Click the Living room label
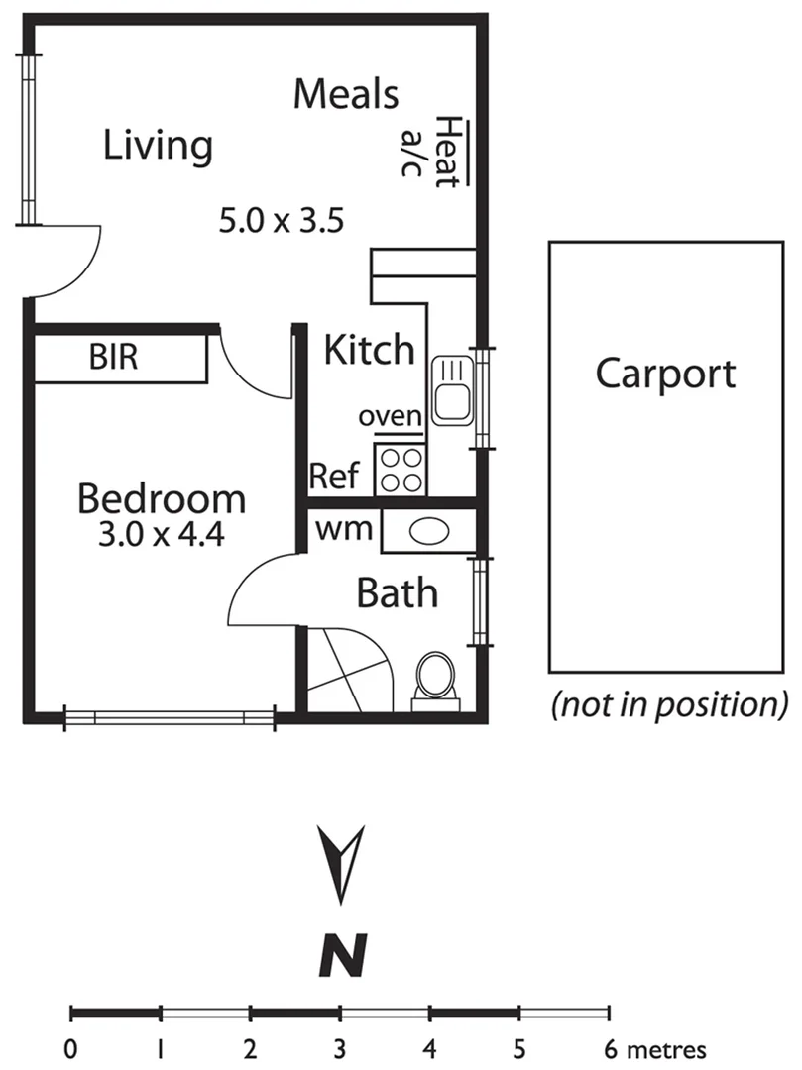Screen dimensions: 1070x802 (158, 146)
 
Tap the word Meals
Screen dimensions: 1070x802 (347, 95)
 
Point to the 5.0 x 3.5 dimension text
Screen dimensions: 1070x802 (281, 220)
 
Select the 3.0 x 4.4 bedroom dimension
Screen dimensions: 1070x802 (162, 535)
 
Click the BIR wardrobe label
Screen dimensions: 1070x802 (114, 359)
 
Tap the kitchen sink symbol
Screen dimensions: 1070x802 (452, 390)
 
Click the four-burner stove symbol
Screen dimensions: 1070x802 (400, 470)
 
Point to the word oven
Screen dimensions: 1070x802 (391, 417)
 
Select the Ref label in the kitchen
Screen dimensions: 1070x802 (333, 477)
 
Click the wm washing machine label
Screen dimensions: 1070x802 (344, 530)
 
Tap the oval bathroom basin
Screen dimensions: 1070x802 (428, 532)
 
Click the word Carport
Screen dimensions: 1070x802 (665, 374)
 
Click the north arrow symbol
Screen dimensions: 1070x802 (343, 860)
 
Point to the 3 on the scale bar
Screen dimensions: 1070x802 (340, 1048)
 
